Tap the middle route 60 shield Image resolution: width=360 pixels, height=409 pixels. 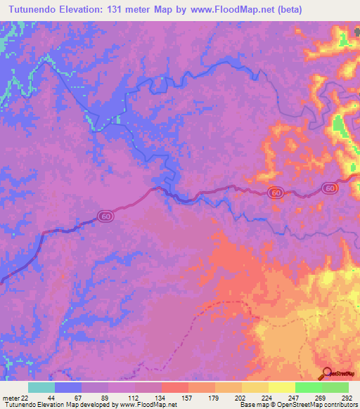point(276,193)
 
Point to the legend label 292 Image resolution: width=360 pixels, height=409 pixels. point(346,397)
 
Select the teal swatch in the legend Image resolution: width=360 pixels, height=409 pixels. point(41,387)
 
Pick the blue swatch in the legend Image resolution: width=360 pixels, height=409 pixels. point(68,387)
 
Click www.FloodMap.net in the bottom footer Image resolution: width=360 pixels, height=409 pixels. point(148,405)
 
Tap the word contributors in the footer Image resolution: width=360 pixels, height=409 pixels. point(340,405)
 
